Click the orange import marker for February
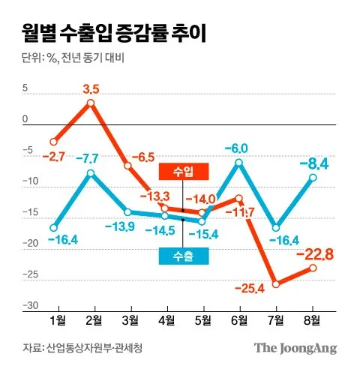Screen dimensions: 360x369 pos(91,103)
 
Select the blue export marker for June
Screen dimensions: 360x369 pos(239,163)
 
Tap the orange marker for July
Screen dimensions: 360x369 pos(276,284)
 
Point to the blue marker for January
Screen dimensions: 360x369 pos(54,228)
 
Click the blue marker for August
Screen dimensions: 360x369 pos(313,178)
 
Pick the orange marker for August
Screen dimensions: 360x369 pos(313,268)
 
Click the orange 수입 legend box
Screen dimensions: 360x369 pos(184,172)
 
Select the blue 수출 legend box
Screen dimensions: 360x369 pos(184,256)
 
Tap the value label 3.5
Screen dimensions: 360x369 pos(91,89)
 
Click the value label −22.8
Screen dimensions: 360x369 pos(315,255)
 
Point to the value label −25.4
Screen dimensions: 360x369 pos(250,289)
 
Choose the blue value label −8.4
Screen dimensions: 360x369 pos(314,164)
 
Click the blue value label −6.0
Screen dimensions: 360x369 pos(236,148)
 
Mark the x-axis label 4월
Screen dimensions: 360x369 pos(167,320)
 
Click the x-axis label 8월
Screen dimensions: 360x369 pos(312,320)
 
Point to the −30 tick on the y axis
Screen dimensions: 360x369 pos(31,305)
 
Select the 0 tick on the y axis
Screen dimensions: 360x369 pos(25,119)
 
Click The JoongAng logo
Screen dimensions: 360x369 pos(295,348)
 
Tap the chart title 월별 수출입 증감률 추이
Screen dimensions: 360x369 pos(114,33)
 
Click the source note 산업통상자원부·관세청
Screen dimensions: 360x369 pos(94,348)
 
